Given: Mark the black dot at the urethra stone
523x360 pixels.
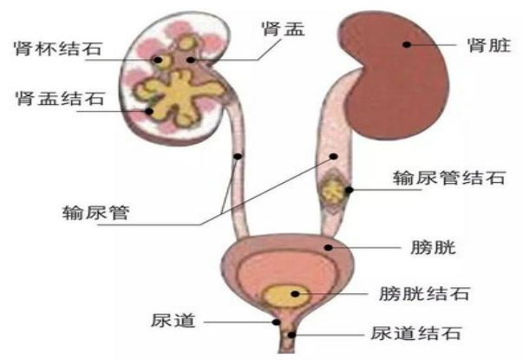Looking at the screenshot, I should (292, 333).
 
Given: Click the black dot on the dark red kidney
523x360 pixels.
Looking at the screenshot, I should (407, 43).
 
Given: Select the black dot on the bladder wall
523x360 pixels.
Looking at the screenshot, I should (327, 247).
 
